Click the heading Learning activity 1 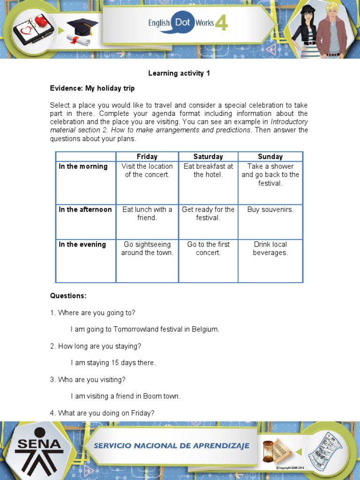179,74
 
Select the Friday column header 147,157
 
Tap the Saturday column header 208,157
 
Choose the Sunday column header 270,157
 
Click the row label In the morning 83,166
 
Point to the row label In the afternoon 85,210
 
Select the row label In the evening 82,244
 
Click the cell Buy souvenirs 270,210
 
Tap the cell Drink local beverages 270,248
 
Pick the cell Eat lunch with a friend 147,214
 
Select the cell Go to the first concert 208,248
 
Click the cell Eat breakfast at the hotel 208,171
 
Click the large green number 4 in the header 221,23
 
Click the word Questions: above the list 68,296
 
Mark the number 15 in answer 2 115,363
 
